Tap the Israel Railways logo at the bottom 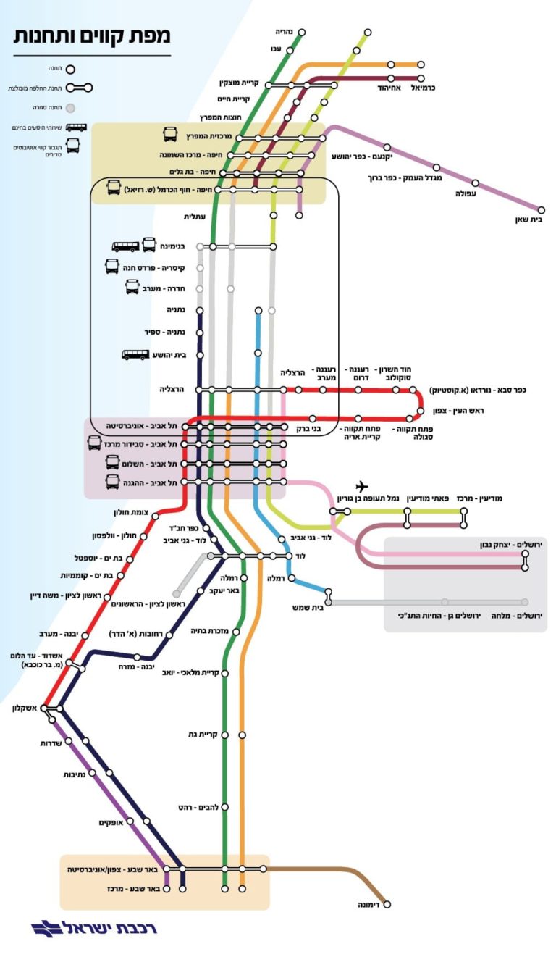click(x=94, y=928)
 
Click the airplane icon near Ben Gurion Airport click(x=363, y=486)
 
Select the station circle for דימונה click(x=387, y=904)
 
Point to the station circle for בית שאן click(x=541, y=210)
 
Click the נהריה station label click(x=286, y=32)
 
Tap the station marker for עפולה click(x=476, y=183)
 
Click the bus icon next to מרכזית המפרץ click(x=169, y=135)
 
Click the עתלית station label click(x=195, y=216)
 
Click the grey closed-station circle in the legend click(x=70, y=109)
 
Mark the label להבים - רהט click(x=194, y=806)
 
